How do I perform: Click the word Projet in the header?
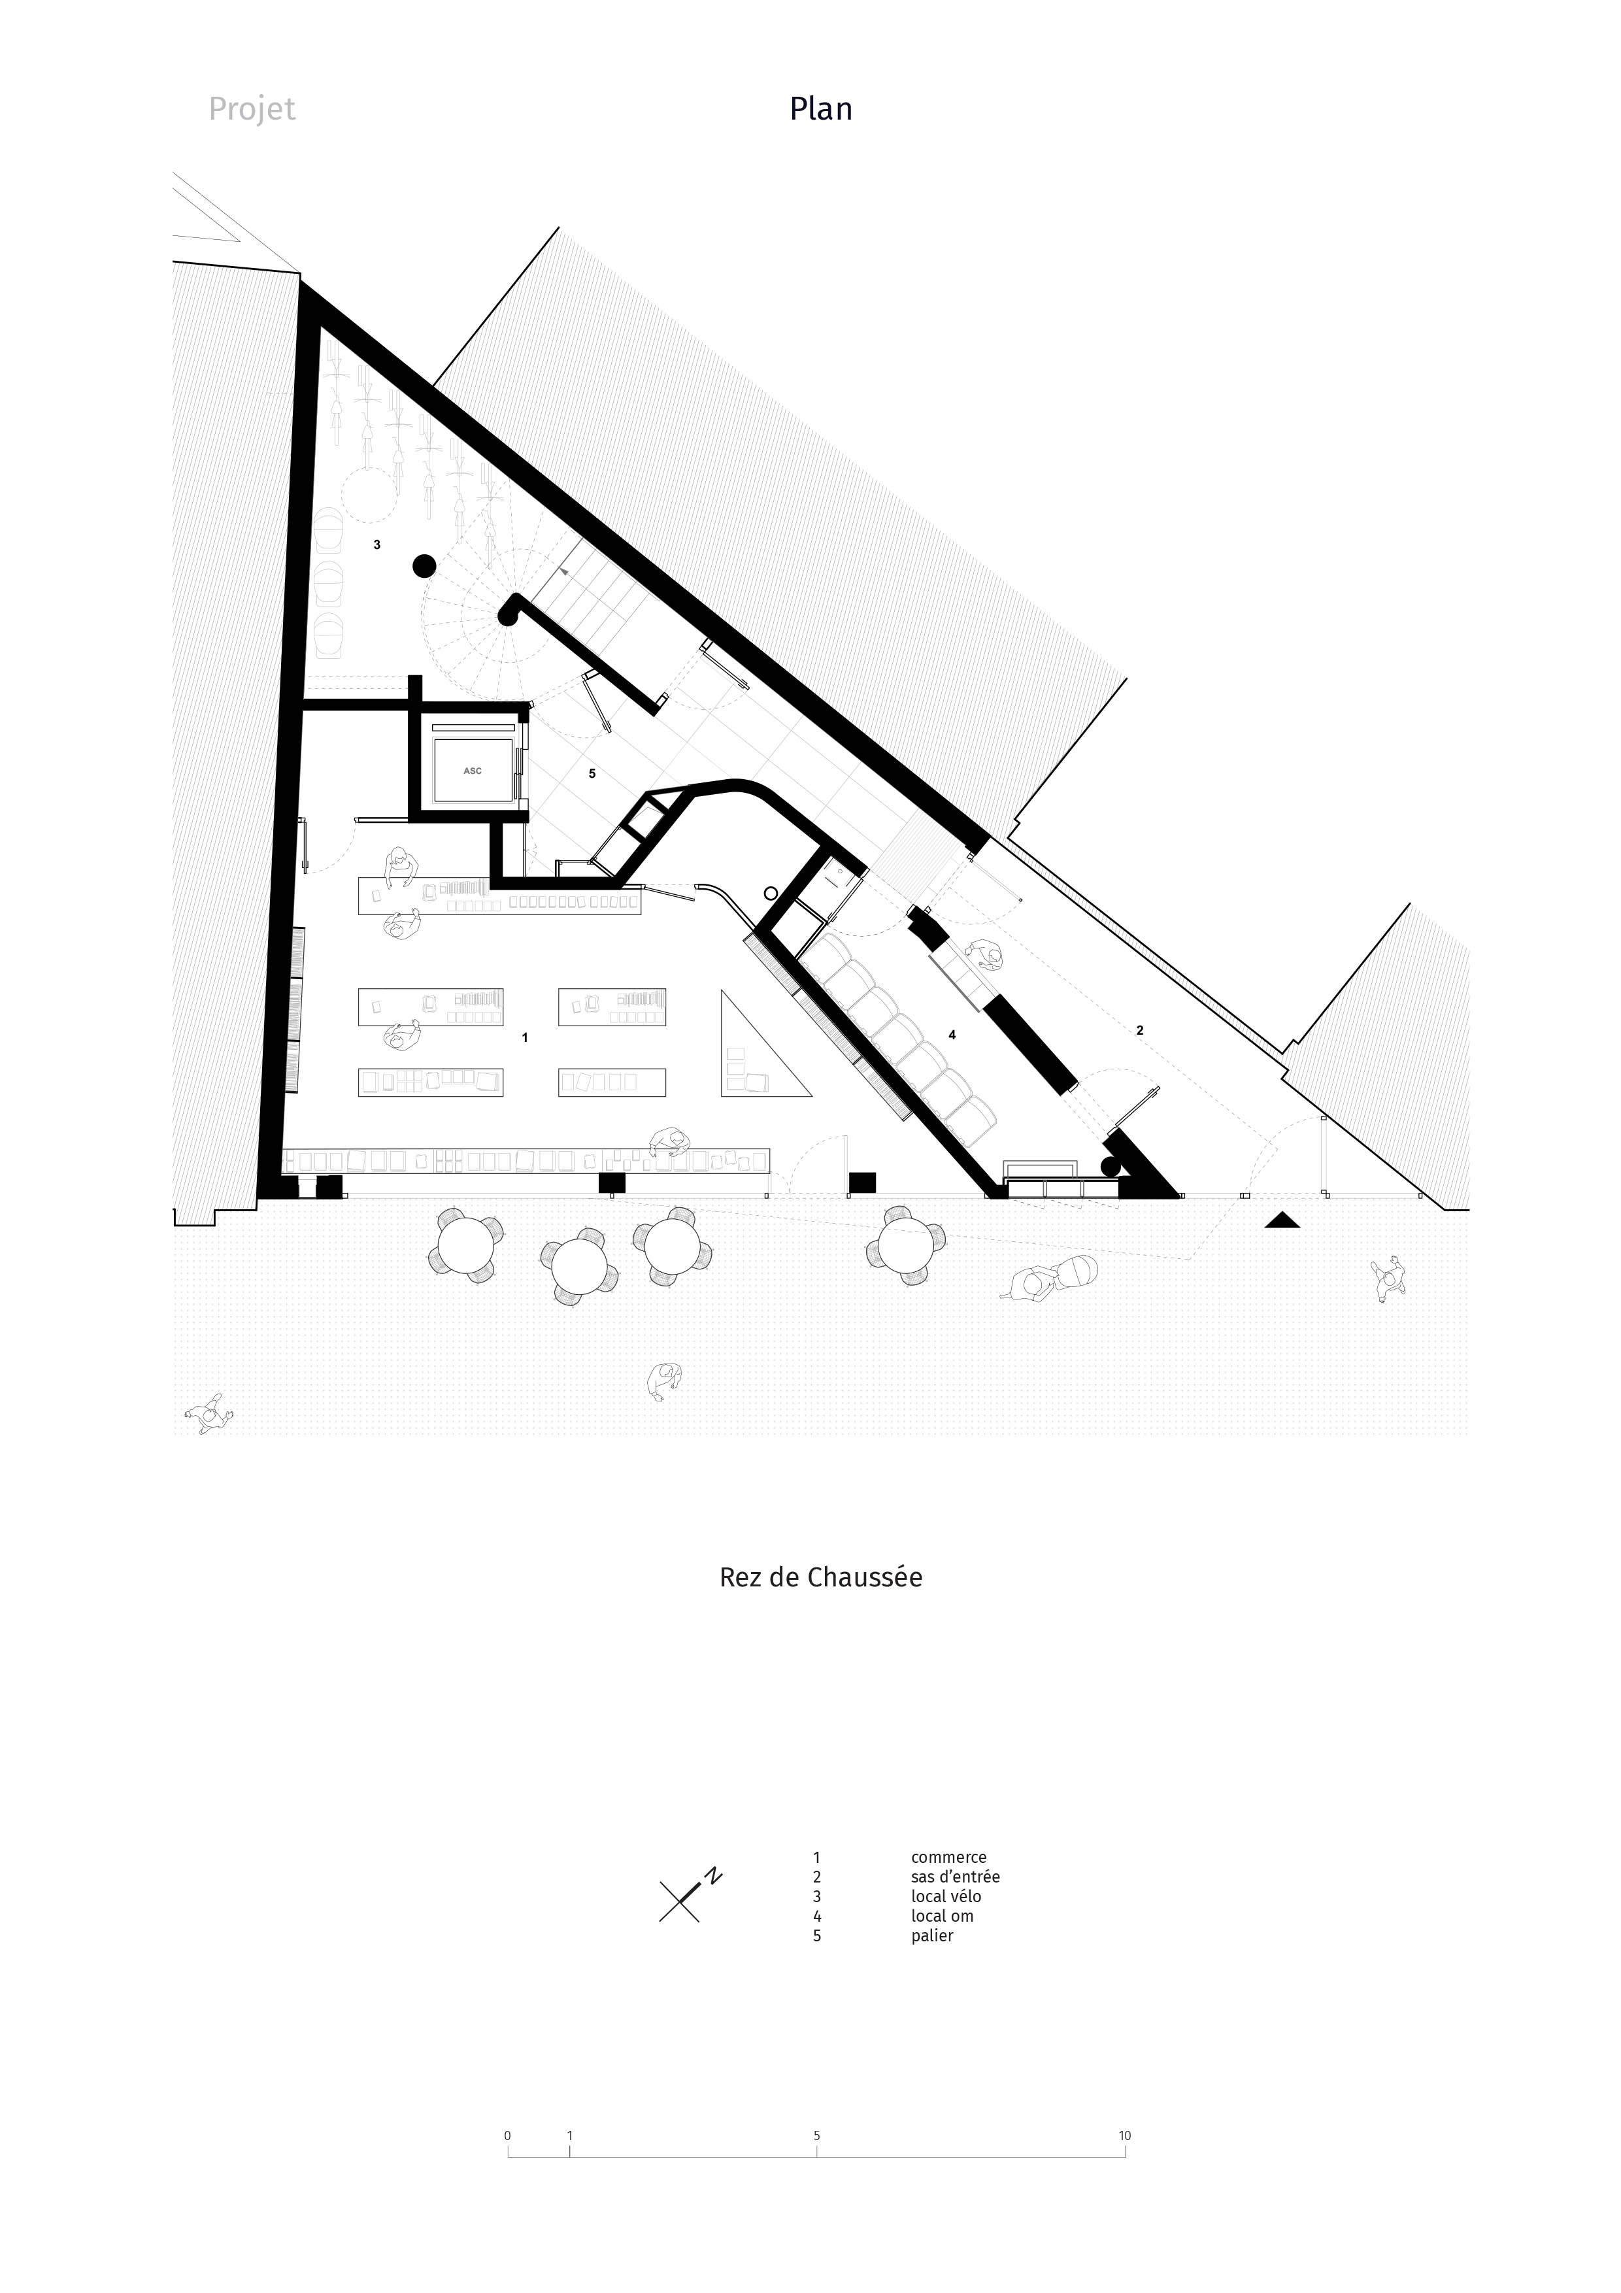point(252,109)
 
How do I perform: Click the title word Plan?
point(821,108)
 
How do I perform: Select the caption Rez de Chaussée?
point(821,1577)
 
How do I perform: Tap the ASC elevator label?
point(473,771)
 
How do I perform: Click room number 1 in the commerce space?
point(526,1037)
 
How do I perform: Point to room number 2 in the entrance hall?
point(1139,1029)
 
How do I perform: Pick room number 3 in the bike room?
point(376,545)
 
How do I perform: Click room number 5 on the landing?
point(592,773)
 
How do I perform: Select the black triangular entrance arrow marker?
point(1282,1220)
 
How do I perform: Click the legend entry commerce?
point(949,1858)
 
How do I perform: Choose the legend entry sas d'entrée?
point(955,1877)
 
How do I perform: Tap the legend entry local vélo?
point(946,1896)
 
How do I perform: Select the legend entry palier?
point(932,1935)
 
